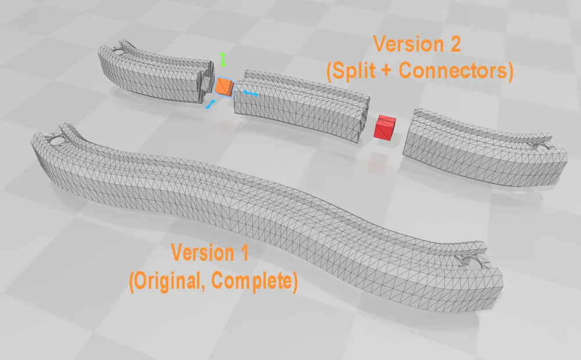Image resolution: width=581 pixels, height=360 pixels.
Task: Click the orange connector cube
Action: (x=224, y=86)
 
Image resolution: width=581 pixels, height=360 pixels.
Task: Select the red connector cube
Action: (x=385, y=127)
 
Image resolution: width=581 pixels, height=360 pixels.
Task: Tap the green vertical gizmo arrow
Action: (x=223, y=59)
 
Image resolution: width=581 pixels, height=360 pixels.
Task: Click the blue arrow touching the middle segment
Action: (x=250, y=93)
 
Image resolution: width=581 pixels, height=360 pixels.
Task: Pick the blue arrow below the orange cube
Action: (x=210, y=104)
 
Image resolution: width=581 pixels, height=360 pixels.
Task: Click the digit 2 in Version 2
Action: (x=453, y=44)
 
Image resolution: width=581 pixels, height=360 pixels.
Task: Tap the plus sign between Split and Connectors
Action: (x=386, y=71)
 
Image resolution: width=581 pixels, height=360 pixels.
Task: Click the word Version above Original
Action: (x=202, y=253)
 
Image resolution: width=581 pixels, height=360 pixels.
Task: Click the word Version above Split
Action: (x=408, y=44)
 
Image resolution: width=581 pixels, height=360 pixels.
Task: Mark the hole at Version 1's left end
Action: (x=56, y=141)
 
